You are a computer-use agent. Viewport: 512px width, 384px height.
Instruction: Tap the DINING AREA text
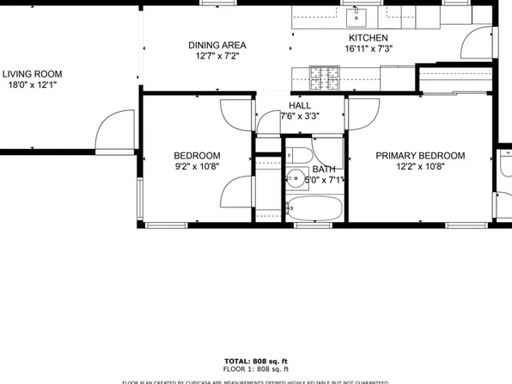coord(217,46)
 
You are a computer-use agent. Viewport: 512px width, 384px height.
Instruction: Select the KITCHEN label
coord(369,39)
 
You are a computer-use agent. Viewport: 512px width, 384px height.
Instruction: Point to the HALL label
coord(300,105)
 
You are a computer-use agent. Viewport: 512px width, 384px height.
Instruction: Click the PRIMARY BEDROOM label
coord(420,156)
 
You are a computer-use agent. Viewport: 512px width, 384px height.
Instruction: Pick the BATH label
coord(324,170)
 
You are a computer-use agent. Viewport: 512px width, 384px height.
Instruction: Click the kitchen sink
coord(356,15)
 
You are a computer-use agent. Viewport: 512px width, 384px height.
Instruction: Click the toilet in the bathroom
coord(301,156)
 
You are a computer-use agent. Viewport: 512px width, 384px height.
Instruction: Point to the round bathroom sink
coord(297,180)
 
